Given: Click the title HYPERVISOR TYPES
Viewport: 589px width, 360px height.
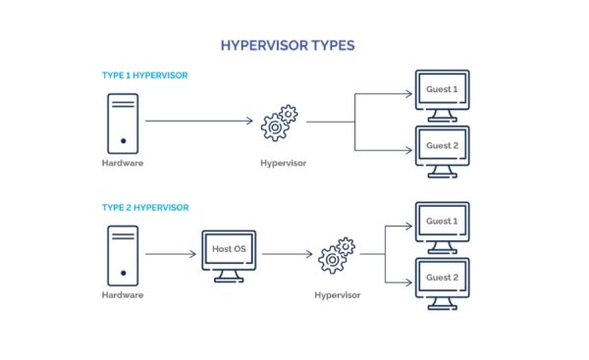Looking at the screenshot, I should pos(294,45).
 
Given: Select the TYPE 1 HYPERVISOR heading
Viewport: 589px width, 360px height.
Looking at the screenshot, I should pos(145,76).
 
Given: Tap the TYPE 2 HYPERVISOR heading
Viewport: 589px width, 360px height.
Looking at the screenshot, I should pos(145,208).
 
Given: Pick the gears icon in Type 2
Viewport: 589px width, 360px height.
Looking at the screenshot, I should pos(337,255).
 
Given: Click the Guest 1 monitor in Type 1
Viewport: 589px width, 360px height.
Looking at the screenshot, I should pos(442,93).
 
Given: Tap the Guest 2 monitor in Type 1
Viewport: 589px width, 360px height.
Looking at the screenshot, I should pos(442,148).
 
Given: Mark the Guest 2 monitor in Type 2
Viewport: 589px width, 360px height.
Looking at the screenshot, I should pos(442,281).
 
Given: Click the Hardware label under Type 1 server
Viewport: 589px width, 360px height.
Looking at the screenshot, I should pos(123,163).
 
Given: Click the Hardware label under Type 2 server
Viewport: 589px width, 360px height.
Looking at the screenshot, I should pos(123,294).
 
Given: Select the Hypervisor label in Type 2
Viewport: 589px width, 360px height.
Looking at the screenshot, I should pos(337,294).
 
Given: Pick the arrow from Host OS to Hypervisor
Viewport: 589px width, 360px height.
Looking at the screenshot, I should pos(286,254).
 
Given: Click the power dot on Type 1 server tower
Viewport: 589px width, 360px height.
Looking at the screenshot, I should pos(123,140).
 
